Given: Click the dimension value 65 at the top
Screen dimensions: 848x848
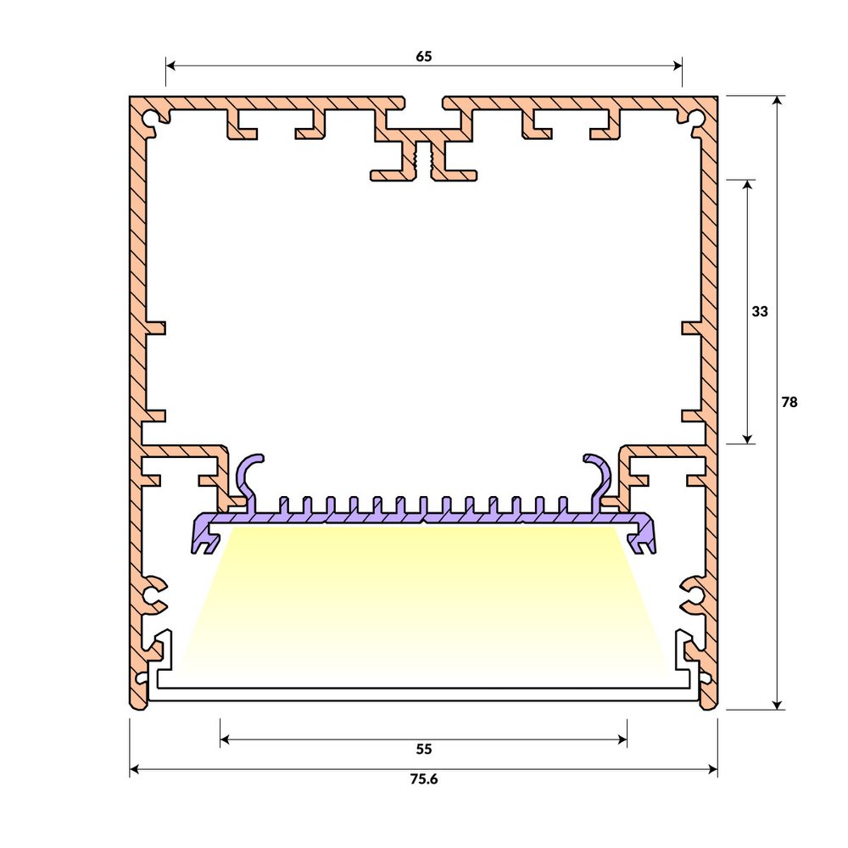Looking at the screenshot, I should coord(424,57).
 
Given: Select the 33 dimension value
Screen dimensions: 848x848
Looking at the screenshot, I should coord(759,311).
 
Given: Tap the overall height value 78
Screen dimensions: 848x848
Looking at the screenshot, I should coord(789,403).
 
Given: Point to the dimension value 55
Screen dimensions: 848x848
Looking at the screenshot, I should coord(424,749).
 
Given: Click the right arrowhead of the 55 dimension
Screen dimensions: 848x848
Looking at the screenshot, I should coord(622,739).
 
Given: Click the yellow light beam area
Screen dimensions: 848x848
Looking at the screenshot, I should coord(424,602).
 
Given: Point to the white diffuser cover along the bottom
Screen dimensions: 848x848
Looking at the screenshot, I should coord(424,694).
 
